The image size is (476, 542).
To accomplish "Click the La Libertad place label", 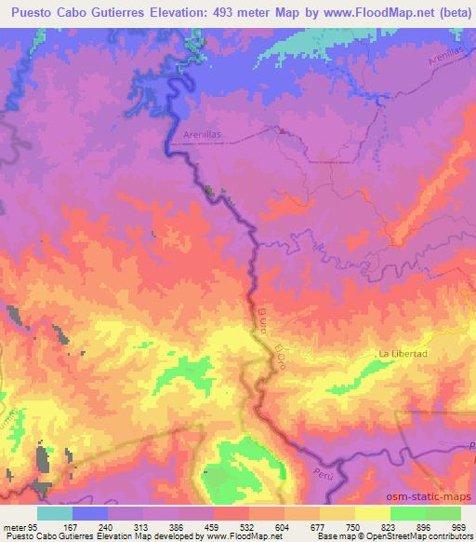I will click(403, 355).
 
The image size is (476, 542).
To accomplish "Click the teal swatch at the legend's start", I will click(55, 513).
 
